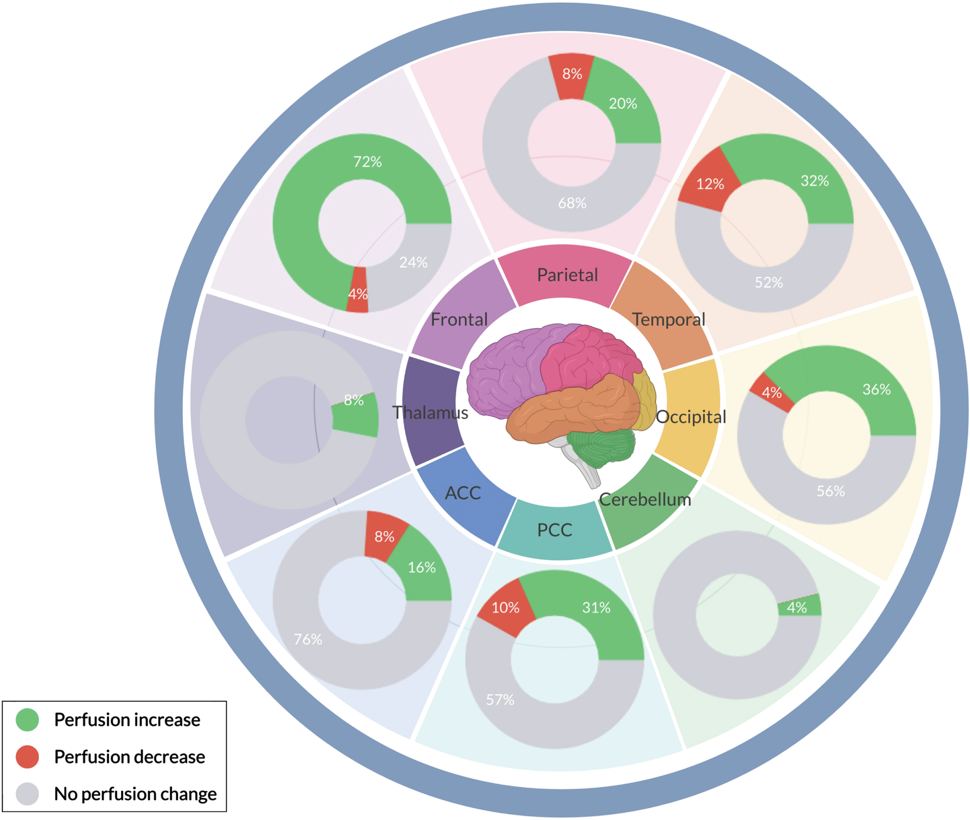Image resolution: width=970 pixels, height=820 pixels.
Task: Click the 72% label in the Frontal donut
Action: click(x=367, y=162)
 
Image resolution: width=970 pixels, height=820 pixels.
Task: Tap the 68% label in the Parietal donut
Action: click(x=572, y=203)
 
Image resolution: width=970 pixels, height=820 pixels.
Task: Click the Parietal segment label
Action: click(x=567, y=275)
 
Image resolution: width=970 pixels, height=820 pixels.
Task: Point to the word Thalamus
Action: click(x=430, y=412)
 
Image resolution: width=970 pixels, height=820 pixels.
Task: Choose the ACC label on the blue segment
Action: click(x=462, y=493)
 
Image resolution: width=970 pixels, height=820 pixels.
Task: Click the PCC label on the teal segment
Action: click(x=554, y=530)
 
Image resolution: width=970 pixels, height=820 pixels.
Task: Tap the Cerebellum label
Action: click(x=645, y=499)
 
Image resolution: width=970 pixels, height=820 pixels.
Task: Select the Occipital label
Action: click(x=691, y=417)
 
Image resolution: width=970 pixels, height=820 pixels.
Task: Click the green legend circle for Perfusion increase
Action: click(x=28, y=719)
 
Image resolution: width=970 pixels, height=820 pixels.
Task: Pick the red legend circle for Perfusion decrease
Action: click(x=28, y=757)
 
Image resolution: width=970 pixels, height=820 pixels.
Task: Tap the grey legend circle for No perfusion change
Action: click(x=28, y=794)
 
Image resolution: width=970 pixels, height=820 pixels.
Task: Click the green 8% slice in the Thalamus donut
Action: click(x=356, y=415)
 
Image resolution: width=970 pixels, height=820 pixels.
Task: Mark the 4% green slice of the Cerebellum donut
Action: click(x=800, y=605)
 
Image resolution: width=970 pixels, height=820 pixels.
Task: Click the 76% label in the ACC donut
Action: click(x=308, y=639)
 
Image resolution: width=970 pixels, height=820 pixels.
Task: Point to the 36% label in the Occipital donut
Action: click(x=877, y=389)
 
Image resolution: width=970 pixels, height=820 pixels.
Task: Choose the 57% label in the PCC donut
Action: click(x=500, y=700)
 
